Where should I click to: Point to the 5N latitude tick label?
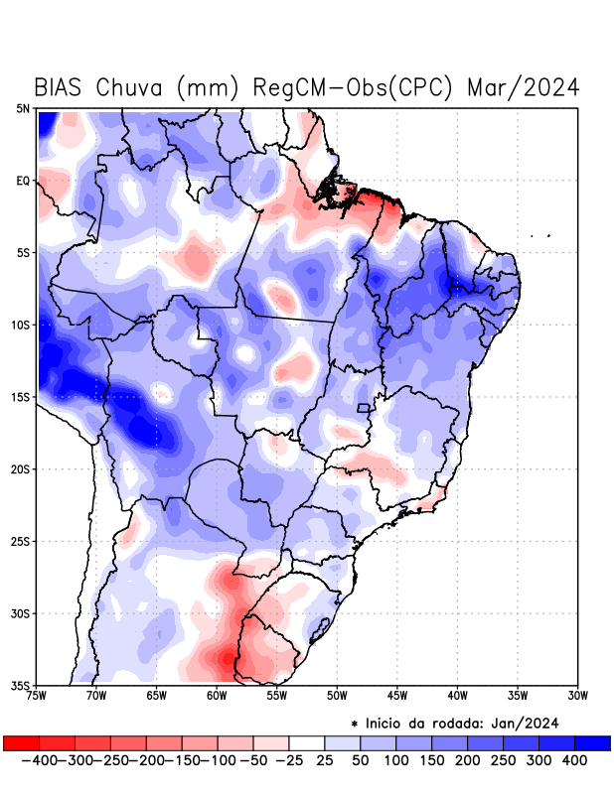click(23, 108)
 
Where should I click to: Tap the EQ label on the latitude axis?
click(23, 181)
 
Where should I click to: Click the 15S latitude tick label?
click(21, 397)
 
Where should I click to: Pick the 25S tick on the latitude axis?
click(21, 541)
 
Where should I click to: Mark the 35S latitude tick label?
click(21, 685)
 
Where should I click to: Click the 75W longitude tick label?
click(38, 695)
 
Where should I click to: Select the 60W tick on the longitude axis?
click(216, 695)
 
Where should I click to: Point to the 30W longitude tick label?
click(577, 695)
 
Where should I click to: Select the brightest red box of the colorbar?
click(21, 743)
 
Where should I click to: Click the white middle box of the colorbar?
click(307, 743)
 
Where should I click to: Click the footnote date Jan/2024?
click(526, 722)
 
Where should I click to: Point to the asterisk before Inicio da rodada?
click(355, 724)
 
